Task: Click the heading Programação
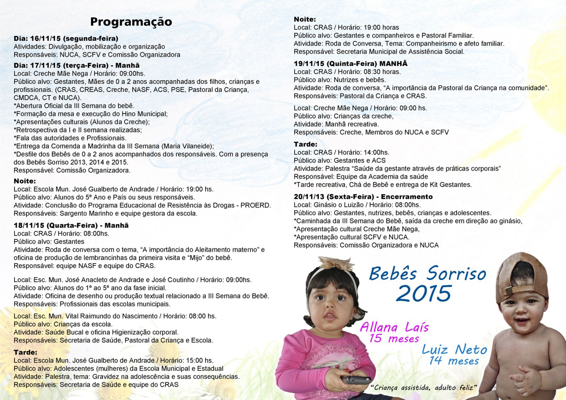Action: click(131, 22)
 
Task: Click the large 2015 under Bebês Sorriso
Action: click(424, 294)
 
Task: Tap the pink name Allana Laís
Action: click(394, 327)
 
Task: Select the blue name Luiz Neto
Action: click(455, 350)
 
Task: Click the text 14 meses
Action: click(454, 361)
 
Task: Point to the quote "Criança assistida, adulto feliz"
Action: click(424, 388)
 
